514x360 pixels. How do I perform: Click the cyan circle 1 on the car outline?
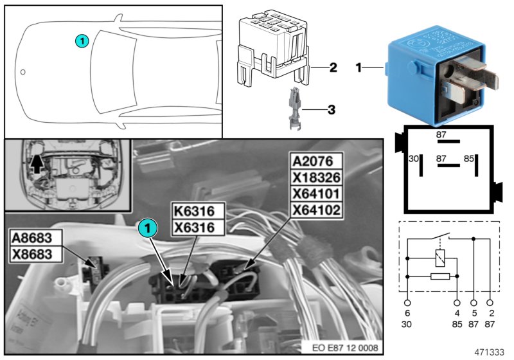(x=81, y=40)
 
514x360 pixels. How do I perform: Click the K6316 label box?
(x=198, y=211)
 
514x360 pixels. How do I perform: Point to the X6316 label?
(x=198, y=227)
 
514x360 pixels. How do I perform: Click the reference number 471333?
(x=490, y=353)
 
